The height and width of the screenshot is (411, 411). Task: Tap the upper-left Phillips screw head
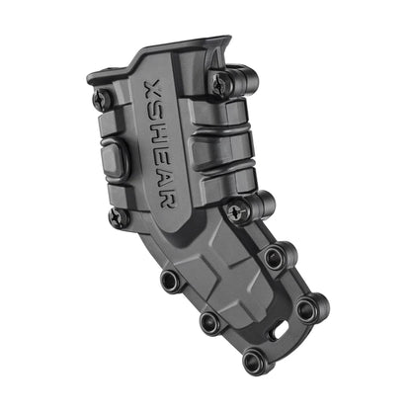(x=101, y=100)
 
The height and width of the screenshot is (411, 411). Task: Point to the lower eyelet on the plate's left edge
(x=210, y=322)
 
